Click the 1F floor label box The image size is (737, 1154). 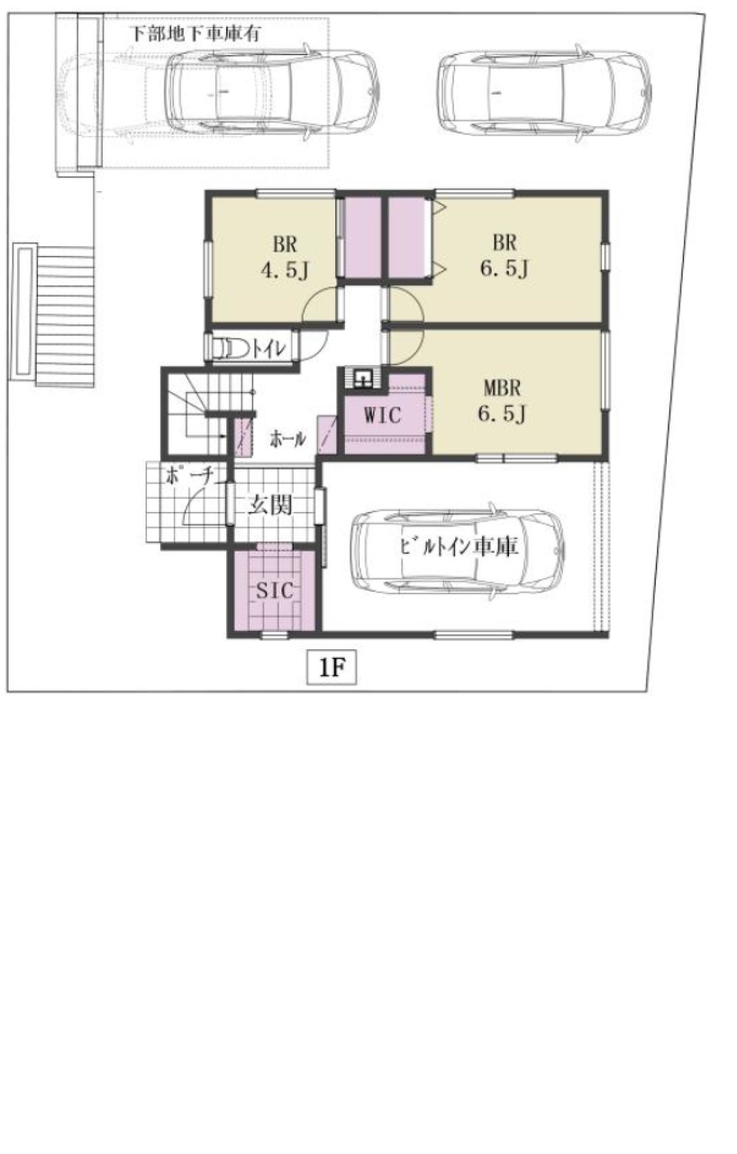coord(332,668)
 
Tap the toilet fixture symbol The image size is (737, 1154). coord(230,348)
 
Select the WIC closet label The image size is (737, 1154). coord(382,415)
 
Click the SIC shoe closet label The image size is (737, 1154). coord(275,591)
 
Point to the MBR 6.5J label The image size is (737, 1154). coord(502,400)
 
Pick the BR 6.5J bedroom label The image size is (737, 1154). coord(505,255)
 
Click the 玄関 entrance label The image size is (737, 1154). coord(270,505)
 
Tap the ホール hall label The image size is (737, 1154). coord(287,439)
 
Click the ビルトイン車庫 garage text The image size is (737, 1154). coord(459,546)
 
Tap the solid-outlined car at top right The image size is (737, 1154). coord(544,93)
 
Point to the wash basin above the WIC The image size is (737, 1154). coord(363,379)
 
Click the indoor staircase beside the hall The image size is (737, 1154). coord(211,413)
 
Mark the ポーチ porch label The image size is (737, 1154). coord(189,476)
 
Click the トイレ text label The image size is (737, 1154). coord(268,349)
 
